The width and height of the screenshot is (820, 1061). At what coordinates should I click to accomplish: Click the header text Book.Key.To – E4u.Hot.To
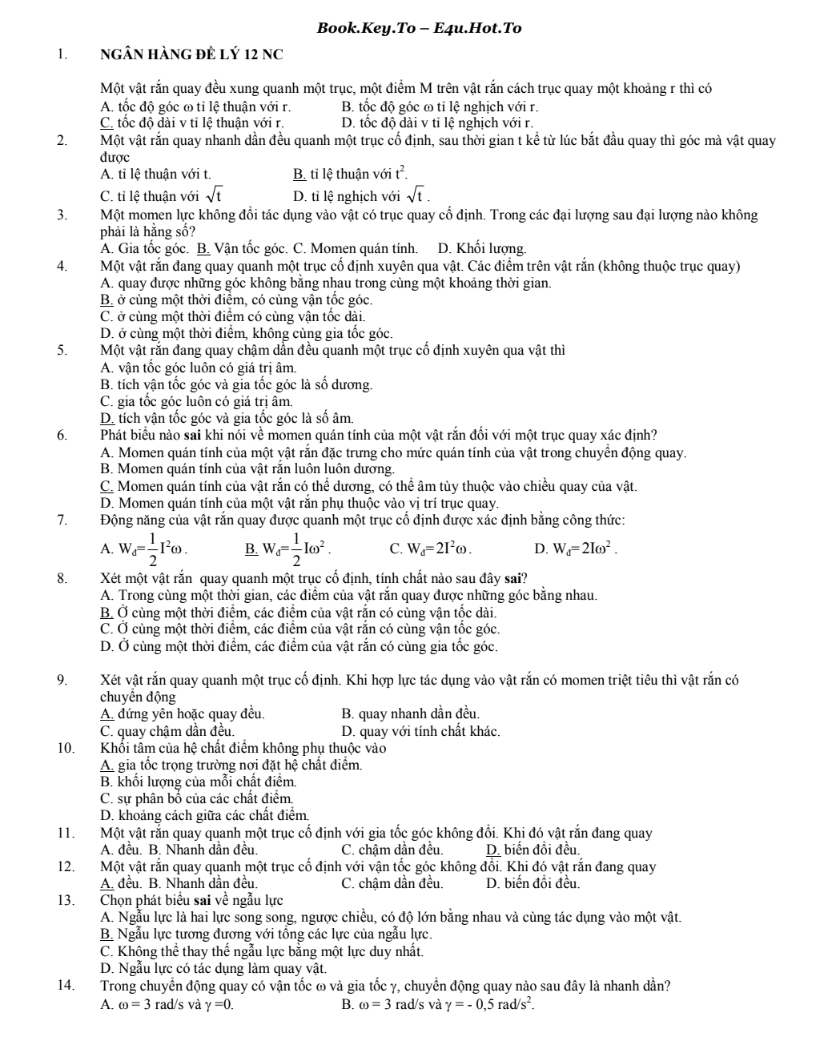coord(419,29)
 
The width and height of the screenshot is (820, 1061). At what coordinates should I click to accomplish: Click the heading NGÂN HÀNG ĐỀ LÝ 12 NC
coord(191,55)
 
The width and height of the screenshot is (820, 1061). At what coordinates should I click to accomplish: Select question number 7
coord(62,520)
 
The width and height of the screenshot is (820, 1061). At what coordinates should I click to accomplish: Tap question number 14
coord(65,986)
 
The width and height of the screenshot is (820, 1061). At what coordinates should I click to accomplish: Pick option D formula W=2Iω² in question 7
coord(575,549)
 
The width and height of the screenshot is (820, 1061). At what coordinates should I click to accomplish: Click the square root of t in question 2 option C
coord(214,195)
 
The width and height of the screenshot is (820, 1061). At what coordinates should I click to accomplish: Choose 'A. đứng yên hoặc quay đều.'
coord(183,713)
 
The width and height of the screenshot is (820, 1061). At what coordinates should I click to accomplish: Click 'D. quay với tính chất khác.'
coord(420,731)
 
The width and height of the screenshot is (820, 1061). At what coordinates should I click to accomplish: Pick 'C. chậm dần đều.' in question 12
coord(392,883)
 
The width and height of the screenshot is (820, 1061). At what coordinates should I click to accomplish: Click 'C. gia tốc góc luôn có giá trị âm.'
coord(197,401)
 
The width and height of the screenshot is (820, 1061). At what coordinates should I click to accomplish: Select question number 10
coord(65,749)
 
